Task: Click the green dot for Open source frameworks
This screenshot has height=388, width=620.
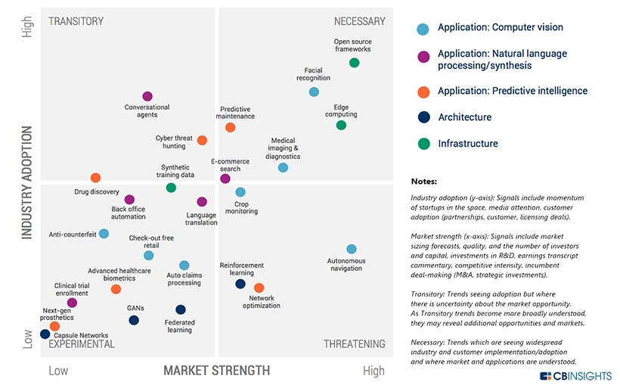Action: pos(354,62)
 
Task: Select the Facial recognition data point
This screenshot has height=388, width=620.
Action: pos(314,92)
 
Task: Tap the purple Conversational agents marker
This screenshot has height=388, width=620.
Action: pos(147,96)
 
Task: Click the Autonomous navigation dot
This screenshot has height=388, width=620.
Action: pos(351,249)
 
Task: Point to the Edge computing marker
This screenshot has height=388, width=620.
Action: pos(341,125)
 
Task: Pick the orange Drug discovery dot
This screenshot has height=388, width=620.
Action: pos(95,178)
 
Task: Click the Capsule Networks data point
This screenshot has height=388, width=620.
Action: pos(45,334)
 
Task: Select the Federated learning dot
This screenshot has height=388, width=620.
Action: pos(180,309)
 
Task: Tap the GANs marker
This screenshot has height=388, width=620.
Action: pos(134,320)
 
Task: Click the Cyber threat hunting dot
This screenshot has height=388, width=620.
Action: pos(202,140)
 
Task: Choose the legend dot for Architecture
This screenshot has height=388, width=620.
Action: pos(423,117)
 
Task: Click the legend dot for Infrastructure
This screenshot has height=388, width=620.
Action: pos(423,144)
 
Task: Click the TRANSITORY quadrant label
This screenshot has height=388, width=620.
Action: pos(76,21)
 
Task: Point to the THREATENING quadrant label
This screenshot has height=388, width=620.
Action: pos(354,344)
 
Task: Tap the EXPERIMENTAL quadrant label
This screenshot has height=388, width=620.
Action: pos(82,344)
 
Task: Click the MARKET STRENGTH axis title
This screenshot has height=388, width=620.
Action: pos(216,371)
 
